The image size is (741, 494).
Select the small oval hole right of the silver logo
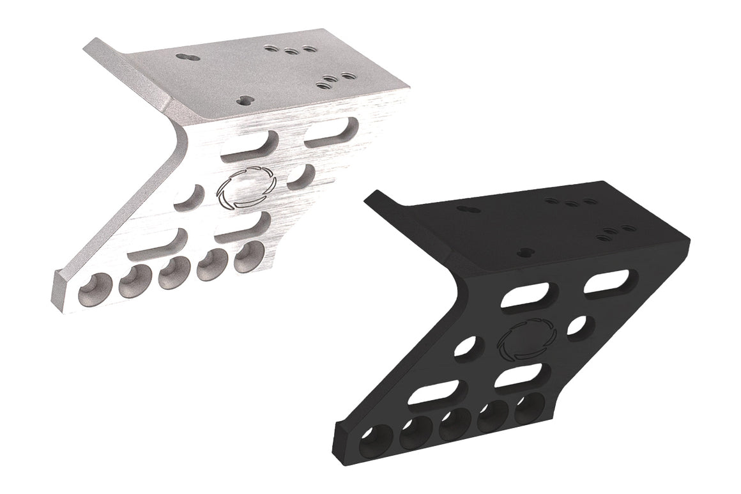click(x=299, y=176)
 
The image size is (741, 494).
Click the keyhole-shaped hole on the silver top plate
click(x=186, y=57)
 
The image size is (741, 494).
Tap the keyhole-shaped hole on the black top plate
click(x=466, y=209)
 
